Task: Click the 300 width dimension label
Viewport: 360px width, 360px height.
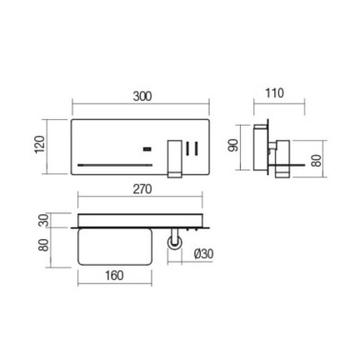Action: pos(142,95)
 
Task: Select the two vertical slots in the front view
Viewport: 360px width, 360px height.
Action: pos(192,149)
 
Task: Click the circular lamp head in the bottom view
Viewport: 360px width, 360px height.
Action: pos(174,245)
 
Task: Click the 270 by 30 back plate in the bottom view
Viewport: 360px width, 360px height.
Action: pos(142,227)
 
